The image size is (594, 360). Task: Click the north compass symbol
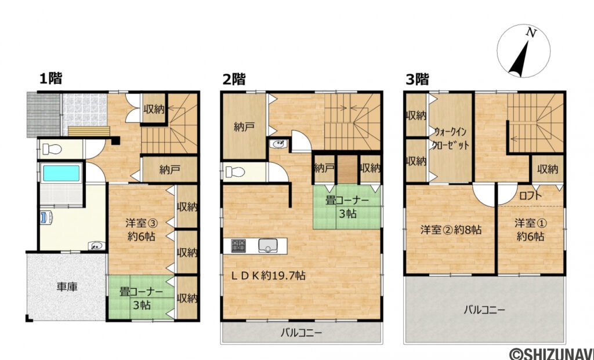click(x=523, y=52)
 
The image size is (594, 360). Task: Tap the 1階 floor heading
click(x=50, y=78)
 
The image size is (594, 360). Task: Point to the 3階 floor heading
click(x=416, y=79)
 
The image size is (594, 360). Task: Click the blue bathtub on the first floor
click(x=60, y=173)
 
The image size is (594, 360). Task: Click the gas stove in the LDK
click(x=238, y=246)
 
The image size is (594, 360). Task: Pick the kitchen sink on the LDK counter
click(x=269, y=245)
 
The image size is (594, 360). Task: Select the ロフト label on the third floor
click(x=530, y=195)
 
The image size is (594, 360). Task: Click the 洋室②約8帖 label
click(x=451, y=230)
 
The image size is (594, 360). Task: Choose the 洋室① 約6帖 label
click(x=530, y=229)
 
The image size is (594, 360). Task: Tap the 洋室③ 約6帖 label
click(x=141, y=228)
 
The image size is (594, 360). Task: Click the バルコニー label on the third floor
click(x=484, y=310)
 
